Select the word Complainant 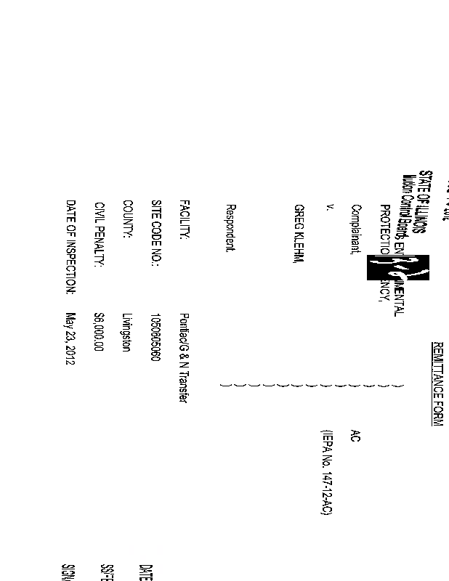356,228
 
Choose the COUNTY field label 126,220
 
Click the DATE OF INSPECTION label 71,248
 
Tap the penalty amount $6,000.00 100,332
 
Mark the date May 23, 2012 71,338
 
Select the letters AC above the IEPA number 355,435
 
